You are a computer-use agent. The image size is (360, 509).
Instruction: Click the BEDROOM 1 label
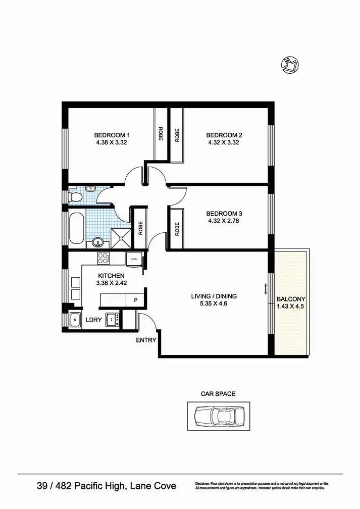click(112, 135)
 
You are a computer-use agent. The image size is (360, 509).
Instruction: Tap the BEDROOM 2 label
click(224, 135)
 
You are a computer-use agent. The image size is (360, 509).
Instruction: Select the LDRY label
click(93, 320)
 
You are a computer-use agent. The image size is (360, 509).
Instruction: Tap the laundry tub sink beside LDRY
click(76, 320)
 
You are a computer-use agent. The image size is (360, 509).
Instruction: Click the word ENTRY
click(146, 340)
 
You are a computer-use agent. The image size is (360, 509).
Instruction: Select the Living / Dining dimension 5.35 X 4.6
click(214, 304)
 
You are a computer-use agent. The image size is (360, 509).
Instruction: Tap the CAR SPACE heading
click(218, 393)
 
